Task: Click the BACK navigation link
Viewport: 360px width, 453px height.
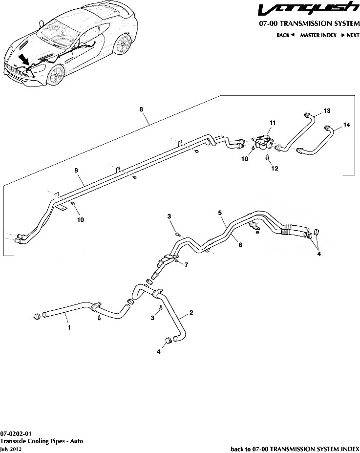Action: coord(285,35)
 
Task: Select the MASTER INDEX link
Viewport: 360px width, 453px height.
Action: coord(318,35)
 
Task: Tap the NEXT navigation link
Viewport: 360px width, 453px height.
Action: coord(350,35)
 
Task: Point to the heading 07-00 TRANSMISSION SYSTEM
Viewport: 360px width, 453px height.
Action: coord(309,24)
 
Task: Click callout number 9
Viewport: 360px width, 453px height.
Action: coord(77,171)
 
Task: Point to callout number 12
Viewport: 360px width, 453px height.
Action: coord(275,169)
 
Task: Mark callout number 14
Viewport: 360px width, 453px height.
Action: coord(346,125)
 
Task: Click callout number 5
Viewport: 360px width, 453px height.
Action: coord(220,213)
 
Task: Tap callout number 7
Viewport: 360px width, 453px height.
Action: coord(186,264)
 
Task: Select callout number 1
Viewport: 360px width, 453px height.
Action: coord(69,328)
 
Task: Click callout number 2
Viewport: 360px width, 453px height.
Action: coord(191,312)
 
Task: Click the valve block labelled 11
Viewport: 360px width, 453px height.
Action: coord(264,141)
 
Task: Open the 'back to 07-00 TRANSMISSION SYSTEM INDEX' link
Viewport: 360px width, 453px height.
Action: coord(295,449)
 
